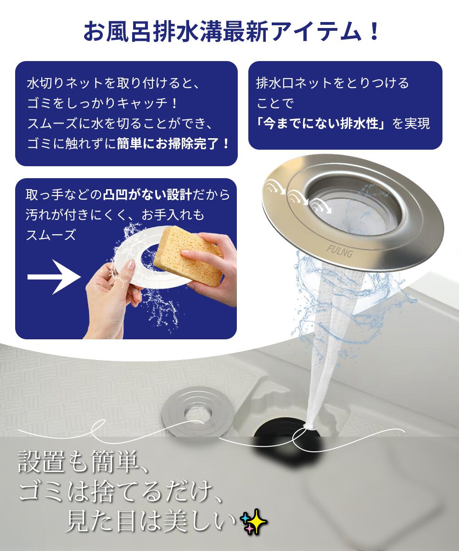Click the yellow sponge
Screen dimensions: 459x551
point(188,256)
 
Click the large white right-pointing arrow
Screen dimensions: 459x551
point(54,276)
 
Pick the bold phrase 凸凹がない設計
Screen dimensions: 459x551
point(147,195)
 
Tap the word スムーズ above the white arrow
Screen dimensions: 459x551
point(51,234)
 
